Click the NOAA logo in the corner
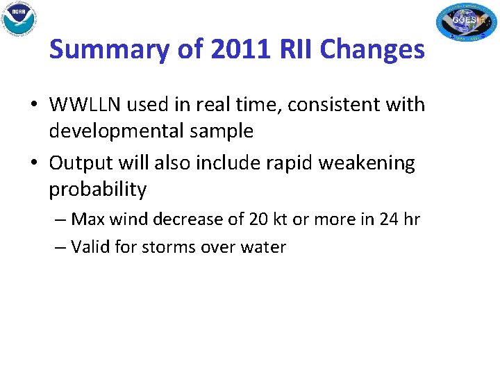[x=19, y=19]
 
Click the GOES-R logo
[x=466, y=22]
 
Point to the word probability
[x=97, y=189]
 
